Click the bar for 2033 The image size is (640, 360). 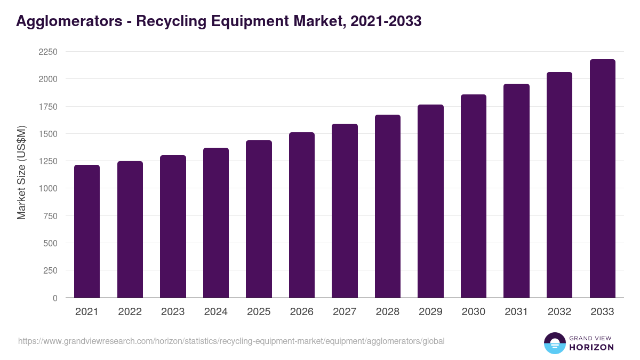tap(602, 178)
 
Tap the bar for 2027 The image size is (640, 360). tap(345, 211)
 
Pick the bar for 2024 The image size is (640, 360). tap(216, 222)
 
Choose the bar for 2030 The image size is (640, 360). tap(473, 196)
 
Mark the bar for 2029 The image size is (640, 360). tap(430, 201)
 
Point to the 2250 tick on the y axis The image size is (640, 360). tap(47, 52)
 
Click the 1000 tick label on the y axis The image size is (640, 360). tap(47, 188)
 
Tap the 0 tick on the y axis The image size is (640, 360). tap(54, 298)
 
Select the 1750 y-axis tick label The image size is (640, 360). tap(47, 107)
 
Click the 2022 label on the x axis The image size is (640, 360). tap(130, 312)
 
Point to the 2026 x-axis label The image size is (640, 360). tap(301, 312)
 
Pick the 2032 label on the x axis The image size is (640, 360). tap(559, 312)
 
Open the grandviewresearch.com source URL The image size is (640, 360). tap(231, 341)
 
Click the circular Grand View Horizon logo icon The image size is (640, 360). tap(555, 343)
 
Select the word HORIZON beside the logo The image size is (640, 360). tap(591, 347)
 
